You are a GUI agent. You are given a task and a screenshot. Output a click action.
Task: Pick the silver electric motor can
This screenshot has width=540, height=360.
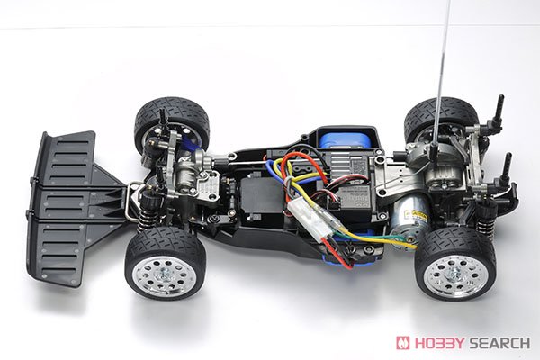coord(409,221)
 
